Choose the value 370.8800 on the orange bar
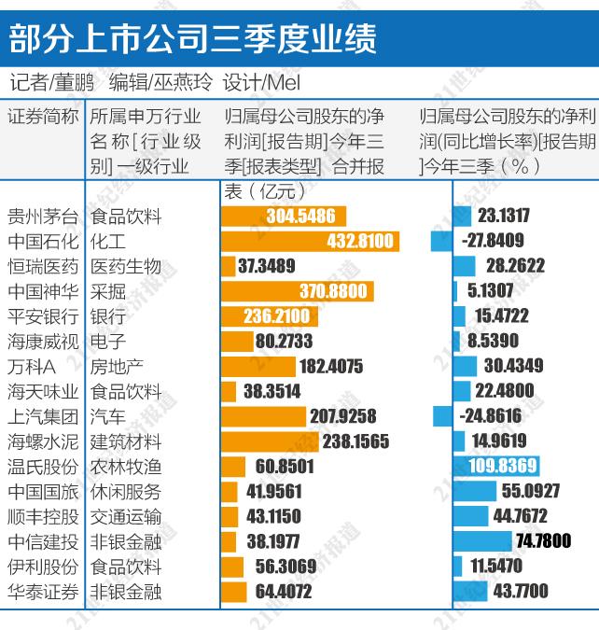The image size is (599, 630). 333,291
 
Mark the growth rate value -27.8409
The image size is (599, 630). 493,242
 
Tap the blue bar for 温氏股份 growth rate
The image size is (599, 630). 495,467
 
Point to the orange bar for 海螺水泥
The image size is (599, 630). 271,441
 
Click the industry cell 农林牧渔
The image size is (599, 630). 125,467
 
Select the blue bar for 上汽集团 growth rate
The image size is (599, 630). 442,416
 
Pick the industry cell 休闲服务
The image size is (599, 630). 125,491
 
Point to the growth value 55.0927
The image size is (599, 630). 531,491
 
